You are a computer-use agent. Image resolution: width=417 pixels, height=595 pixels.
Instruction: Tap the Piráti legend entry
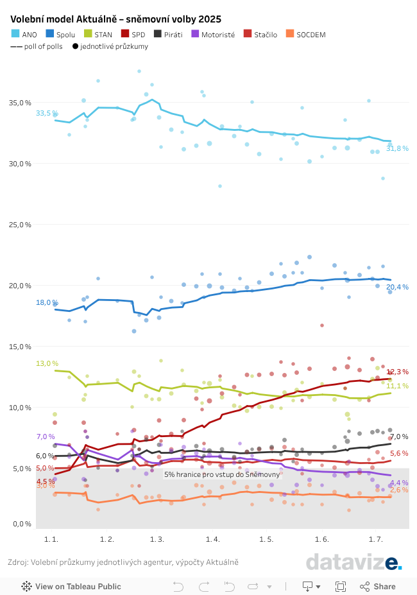168,35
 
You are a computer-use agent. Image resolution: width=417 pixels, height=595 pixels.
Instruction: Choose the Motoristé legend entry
213,35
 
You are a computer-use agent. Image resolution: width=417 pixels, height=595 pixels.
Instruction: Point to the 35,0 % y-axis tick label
21,103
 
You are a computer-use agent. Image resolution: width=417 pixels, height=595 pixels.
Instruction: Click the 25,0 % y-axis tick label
21,225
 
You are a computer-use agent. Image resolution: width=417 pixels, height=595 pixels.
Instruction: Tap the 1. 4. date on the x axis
213,539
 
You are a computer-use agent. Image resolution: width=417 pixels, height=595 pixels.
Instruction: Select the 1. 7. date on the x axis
376,539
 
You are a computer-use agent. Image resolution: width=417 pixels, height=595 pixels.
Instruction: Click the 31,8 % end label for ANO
397,148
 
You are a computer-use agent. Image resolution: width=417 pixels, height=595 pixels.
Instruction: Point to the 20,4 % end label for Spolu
397,287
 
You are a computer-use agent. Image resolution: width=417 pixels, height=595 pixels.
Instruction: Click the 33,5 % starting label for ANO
46,113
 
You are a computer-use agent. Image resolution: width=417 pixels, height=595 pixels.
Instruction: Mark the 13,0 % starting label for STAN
47,363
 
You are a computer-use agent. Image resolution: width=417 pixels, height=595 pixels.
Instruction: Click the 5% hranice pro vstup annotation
222,474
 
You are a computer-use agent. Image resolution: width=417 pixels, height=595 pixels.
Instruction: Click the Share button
378,586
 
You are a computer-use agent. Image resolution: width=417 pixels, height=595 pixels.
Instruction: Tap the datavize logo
353,562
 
